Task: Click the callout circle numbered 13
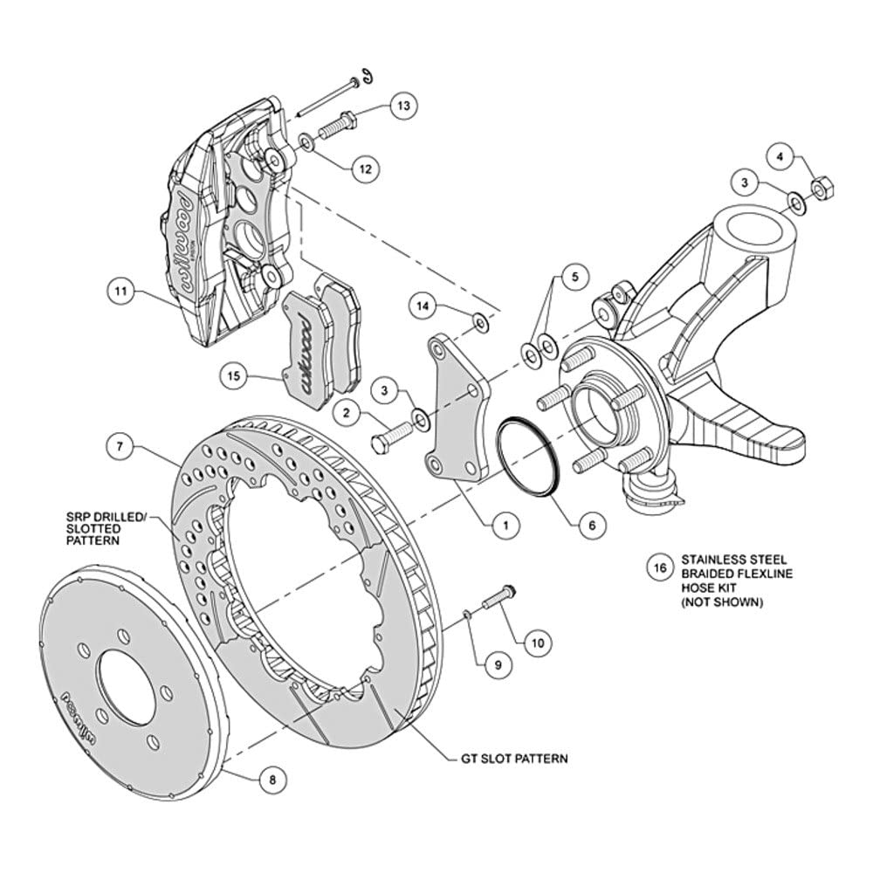pos(403,106)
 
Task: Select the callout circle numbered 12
pos(365,168)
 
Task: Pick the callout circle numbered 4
pos(780,157)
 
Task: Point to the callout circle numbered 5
pos(574,276)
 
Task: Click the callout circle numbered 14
pos(423,306)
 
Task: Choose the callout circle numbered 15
pos(233,377)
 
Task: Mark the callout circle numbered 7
pos(119,446)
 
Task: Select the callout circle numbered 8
pos(272,780)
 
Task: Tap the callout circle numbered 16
pos(660,569)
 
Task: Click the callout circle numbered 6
pos(592,525)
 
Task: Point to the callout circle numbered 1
pos(506,525)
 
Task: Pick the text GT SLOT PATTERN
pos(514,758)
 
